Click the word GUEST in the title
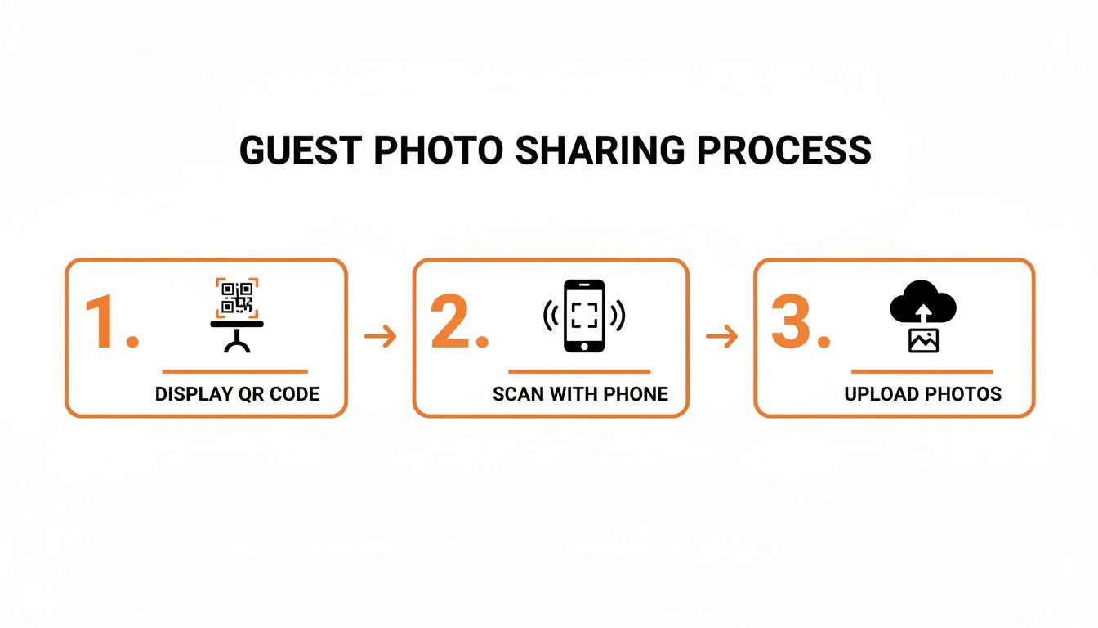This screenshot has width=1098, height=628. pyautogui.click(x=301, y=150)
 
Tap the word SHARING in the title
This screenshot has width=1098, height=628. pyautogui.click(x=600, y=150)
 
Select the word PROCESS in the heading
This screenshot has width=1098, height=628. pyautogui.click(x=783, y=150)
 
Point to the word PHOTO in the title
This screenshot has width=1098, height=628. pyautogui.click(x=438, y=150)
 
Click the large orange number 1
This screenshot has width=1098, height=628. pyautogui.click(x=104, y=322)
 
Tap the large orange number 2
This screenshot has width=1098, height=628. pyautogui.click(x=451, y=321)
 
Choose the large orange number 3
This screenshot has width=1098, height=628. pyautogui.click(x=791, y=321)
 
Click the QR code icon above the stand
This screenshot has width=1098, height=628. pyautogui.click(x=237, y=298)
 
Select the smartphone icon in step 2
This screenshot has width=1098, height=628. pyautogui.click(x=584, y=316)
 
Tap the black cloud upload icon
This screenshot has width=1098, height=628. pyautogui.click(x=923, y=303)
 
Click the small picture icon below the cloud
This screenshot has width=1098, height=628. pyautogui.click(x=923, y=340)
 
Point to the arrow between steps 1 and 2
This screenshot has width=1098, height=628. pyautogui.click(x=381, y=336)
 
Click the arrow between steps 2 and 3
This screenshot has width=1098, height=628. pyautogui.click(x=721, y=336)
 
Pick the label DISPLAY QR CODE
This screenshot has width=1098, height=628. pyautogui.click(x=237, y=394)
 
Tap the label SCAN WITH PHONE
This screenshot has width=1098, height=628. pyautogui.click(x=580, y=394)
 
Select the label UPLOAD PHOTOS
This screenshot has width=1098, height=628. pyautogui.click(x=922, y=394)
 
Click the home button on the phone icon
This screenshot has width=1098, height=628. pyautogui.click(x=584, y=347)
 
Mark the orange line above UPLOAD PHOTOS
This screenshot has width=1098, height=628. pyautogui.click(x=922, y=371)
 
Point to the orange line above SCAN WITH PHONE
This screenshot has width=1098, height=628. pyautogui.click(x=579, y=371)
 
